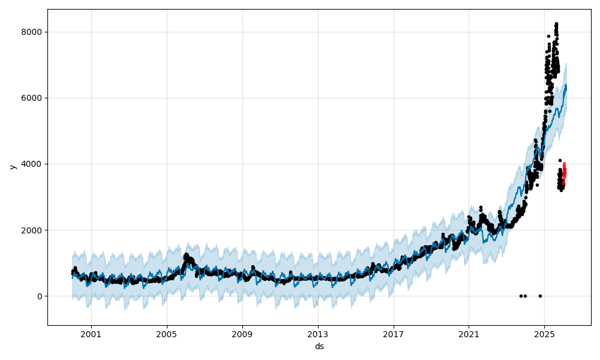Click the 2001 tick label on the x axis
point(91,334)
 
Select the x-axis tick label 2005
point(167,334)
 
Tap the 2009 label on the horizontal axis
point(242,334)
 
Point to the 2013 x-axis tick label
point(318,334)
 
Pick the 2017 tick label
point(394,334)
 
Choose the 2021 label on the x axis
point(469,334)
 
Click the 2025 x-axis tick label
point(544,334)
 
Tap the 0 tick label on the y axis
point(40,296)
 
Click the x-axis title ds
point(319,346)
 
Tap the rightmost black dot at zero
point(540,296)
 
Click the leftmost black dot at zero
point(521,296)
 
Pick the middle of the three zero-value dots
point(525,296)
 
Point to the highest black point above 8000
point(556,24)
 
